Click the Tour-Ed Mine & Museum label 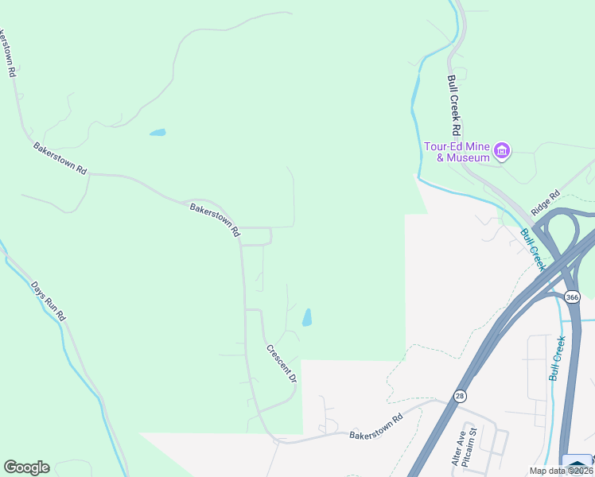(457, 152)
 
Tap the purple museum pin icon (501, 150)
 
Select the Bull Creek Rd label (453, 105)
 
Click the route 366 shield (572, 297)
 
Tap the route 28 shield (460, 395)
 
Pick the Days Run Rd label (49, 301)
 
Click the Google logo (26, 467)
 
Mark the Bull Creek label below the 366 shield (557, 358)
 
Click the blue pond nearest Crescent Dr (306, 318)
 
